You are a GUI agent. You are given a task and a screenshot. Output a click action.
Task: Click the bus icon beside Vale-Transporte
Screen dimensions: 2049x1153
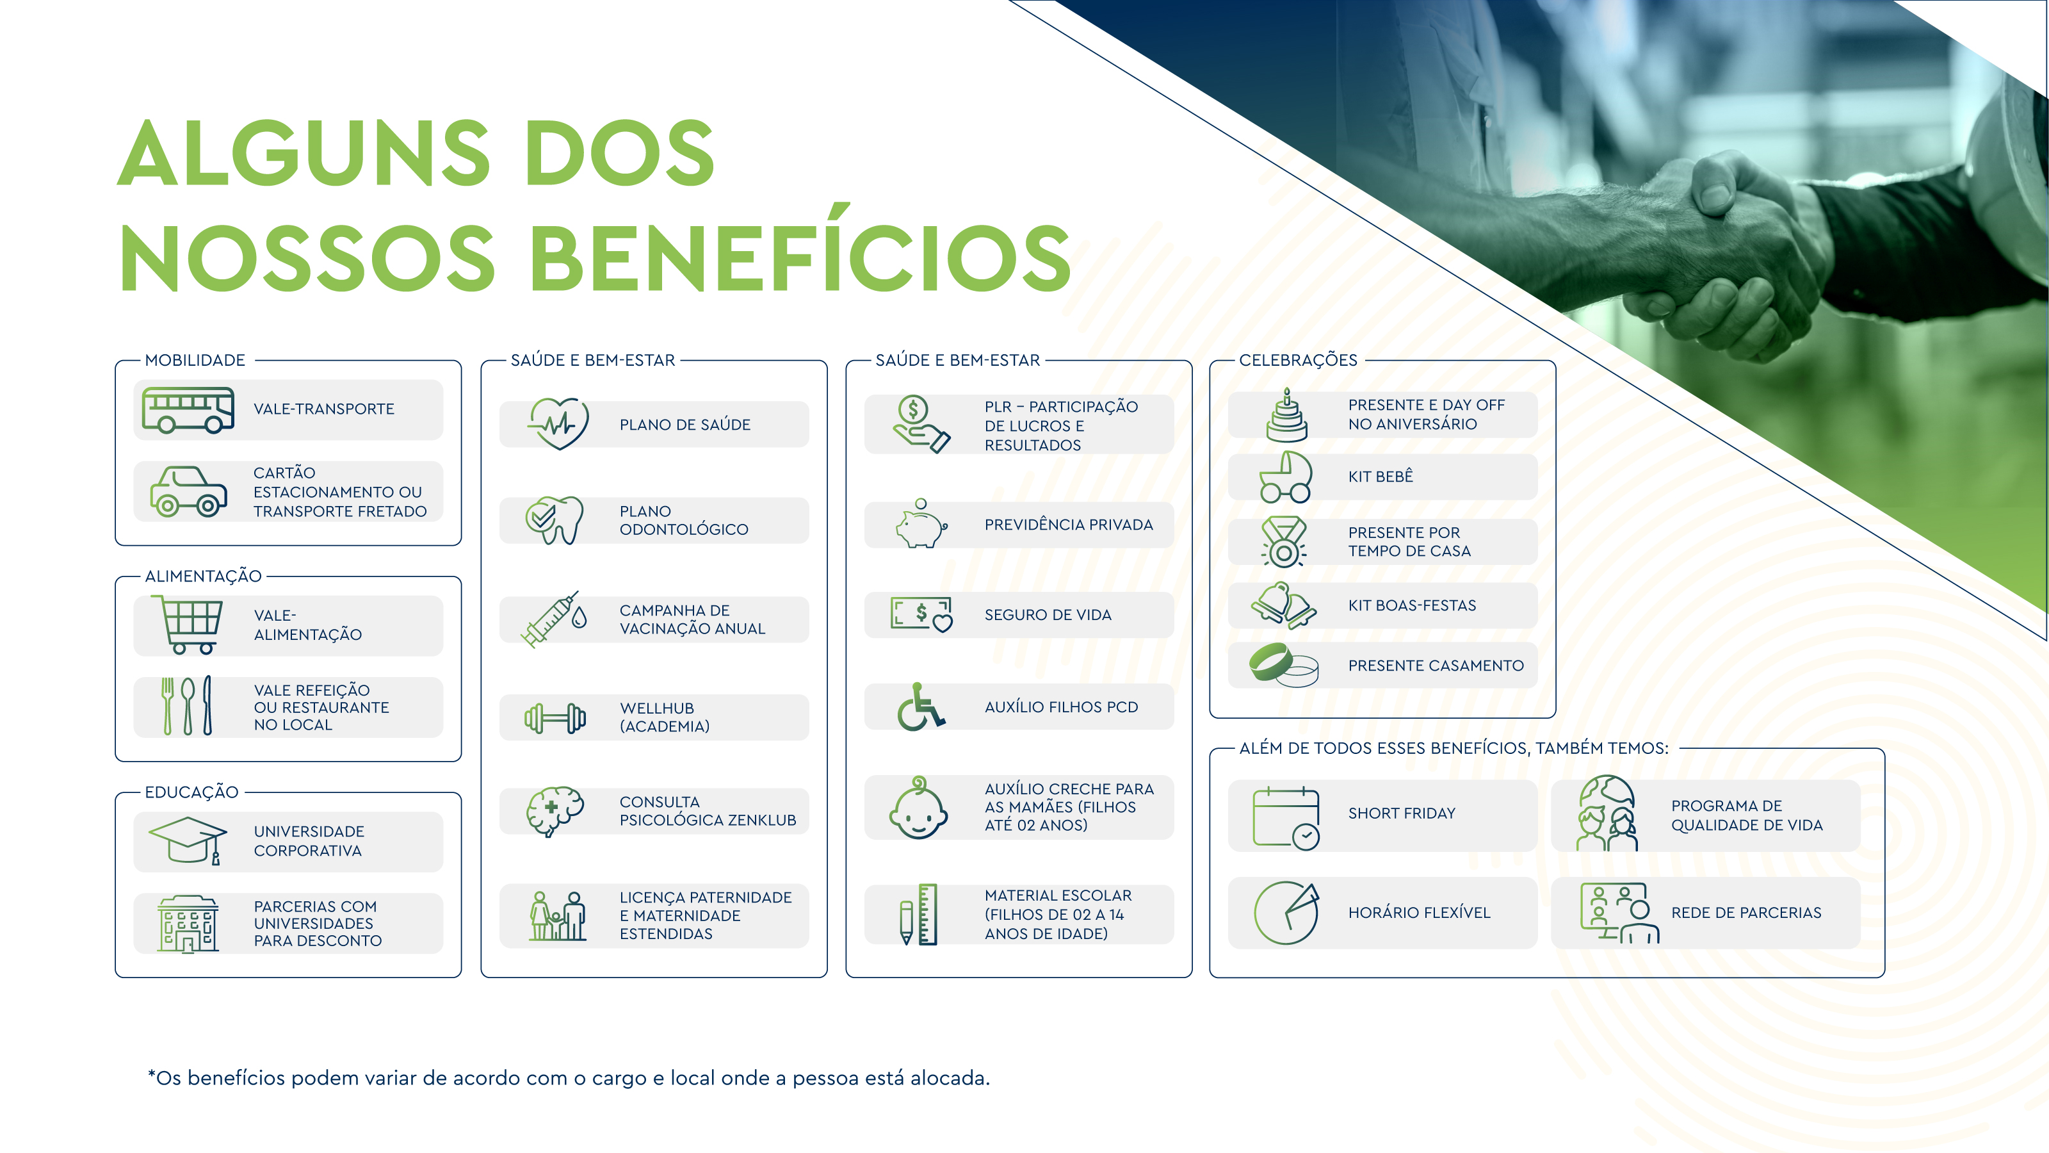188,410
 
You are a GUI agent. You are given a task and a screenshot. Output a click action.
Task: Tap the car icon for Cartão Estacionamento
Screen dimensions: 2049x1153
188,492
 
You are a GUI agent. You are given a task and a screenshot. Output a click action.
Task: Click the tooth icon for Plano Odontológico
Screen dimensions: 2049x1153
555,520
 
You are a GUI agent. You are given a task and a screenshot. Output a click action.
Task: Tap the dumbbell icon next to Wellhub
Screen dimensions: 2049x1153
555,717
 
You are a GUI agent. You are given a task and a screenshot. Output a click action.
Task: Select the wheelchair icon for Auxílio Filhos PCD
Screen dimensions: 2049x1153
920,707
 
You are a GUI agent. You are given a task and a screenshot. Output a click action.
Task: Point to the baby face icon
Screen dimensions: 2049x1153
919,808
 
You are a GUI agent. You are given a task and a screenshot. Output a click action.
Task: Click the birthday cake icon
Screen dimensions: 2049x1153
1286,415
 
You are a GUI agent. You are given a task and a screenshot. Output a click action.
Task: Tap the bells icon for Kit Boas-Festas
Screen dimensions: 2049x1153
1283,605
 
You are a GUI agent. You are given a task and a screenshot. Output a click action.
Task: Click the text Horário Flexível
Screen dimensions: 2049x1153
1419,913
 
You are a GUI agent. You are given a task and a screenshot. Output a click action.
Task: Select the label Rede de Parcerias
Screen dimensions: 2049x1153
1746,913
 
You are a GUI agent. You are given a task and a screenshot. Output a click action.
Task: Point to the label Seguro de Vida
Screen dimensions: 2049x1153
1048,615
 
